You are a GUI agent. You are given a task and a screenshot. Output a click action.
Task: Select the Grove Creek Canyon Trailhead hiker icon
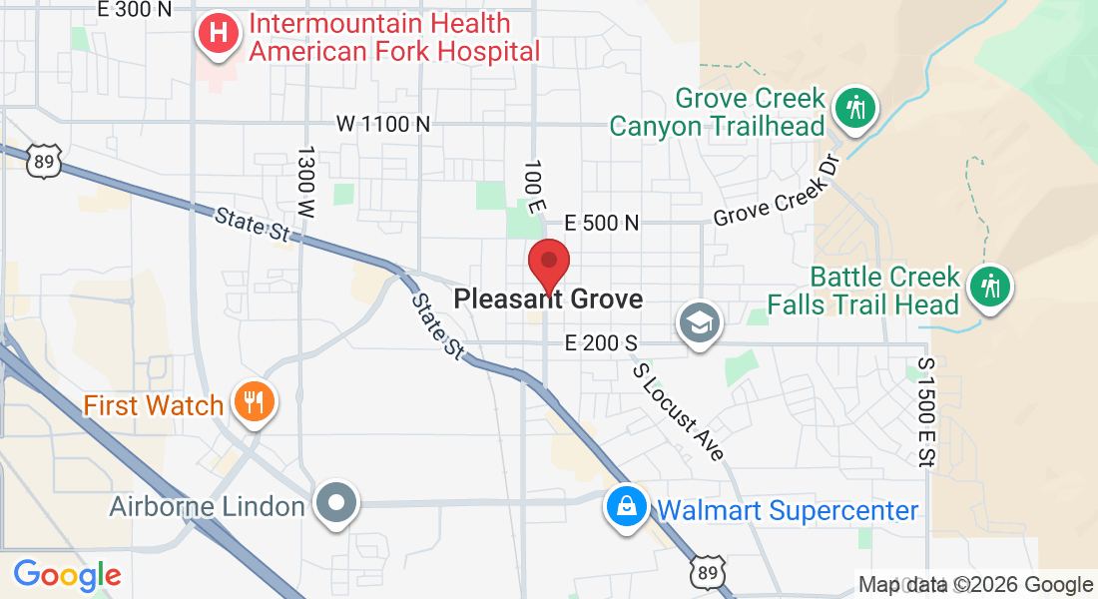[x=854, y=107]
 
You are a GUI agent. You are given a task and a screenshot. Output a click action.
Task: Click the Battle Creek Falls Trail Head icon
[x=990, y=287]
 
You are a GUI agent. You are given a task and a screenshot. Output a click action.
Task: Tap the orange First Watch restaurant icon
[x=254, y=403]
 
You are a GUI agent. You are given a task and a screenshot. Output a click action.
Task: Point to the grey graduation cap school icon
[x=699, y=321]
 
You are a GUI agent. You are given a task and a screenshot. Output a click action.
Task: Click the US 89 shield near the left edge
[x=46, y=163]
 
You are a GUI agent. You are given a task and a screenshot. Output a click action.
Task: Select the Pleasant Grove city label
[x=548, y=299]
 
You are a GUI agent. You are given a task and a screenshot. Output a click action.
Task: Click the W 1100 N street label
[x=383, y=124]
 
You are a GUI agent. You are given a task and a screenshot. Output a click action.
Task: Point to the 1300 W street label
[x=305, y=182]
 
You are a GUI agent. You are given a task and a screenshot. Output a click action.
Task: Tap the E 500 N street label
[x=601, y=223]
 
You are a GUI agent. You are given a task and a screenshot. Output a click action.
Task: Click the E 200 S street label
[x=600, y=343]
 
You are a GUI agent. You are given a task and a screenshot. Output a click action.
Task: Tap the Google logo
[x=67, y=575]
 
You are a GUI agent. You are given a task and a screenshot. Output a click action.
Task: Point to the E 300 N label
[x=135, y=9]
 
